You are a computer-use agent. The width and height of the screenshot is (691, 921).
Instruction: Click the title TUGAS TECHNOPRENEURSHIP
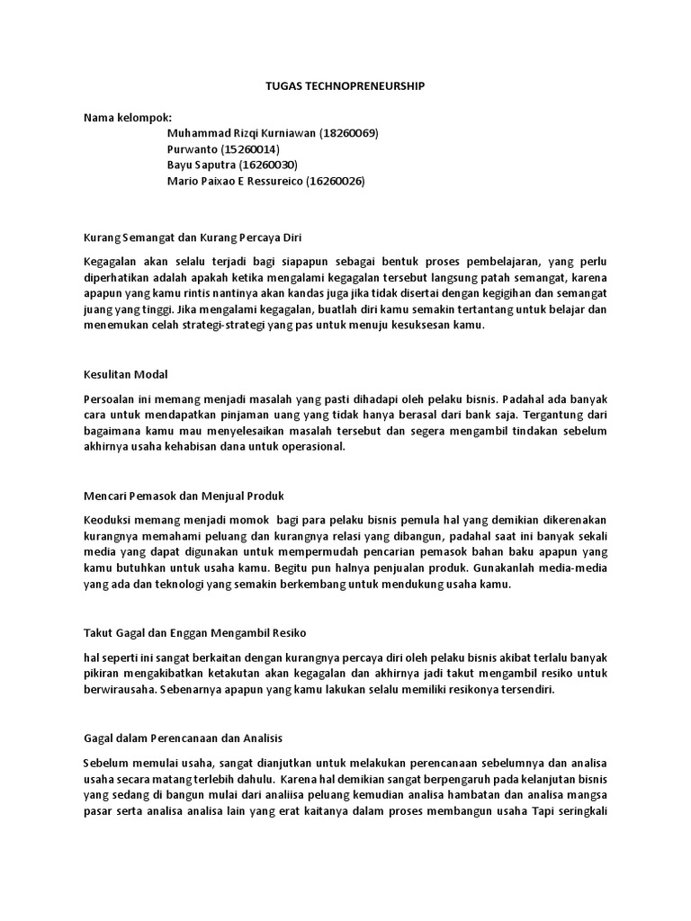click(345, 85)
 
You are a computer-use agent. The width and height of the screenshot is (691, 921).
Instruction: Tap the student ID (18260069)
click(348, 133)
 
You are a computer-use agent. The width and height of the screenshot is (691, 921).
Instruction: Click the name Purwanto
click(193, 149)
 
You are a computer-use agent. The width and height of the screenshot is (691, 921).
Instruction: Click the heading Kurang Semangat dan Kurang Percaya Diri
click(193, 238)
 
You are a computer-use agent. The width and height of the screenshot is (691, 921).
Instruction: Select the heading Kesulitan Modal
click(126, 374)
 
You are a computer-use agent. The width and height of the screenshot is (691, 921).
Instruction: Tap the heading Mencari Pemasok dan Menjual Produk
click(184, 496)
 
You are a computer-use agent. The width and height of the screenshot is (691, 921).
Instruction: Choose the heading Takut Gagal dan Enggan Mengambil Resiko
click(195, 633)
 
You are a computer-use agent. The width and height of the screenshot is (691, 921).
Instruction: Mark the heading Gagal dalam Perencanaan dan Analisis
click(184, 738)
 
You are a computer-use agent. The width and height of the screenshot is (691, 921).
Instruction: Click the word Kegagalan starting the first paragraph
click(112, 262)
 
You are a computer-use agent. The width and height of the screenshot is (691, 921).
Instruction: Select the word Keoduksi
click(111, 520)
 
